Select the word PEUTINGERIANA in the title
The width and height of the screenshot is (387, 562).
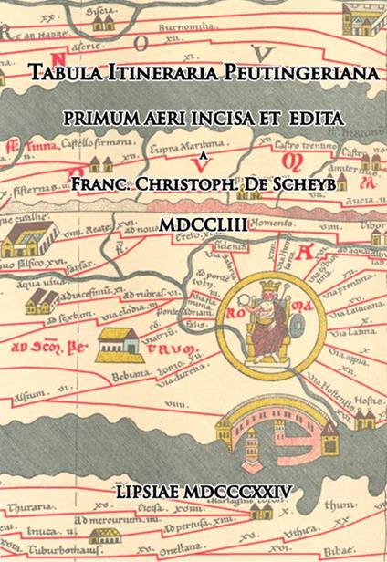coord(292,78)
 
